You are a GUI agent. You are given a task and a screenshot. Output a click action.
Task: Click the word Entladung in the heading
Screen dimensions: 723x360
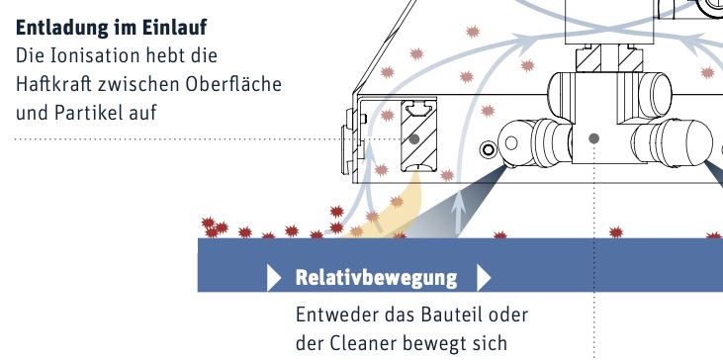tap(62, 28)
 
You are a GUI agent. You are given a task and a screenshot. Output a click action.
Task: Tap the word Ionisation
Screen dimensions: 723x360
tap(92, 55)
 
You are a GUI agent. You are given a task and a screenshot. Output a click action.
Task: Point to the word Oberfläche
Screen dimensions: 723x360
tap(233, 84)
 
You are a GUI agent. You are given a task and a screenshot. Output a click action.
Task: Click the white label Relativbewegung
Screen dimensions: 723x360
tap(376, 278)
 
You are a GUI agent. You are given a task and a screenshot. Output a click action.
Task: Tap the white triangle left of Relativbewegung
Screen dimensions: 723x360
tap(273, 278)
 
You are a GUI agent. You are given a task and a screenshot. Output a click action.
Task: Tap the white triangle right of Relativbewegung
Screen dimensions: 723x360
tap(483, 278)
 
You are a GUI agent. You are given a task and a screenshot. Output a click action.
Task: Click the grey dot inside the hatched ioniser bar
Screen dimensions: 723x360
tap(414, 138)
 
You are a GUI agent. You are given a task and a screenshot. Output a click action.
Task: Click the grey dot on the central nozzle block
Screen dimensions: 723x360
tap(593, 138)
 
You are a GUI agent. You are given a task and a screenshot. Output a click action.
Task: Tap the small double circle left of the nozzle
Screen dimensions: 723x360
tap(488, 149)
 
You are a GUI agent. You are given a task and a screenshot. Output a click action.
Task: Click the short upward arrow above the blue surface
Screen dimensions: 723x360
tap(458, 214)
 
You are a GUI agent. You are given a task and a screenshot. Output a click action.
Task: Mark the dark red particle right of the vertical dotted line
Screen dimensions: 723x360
tap(616, 232)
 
